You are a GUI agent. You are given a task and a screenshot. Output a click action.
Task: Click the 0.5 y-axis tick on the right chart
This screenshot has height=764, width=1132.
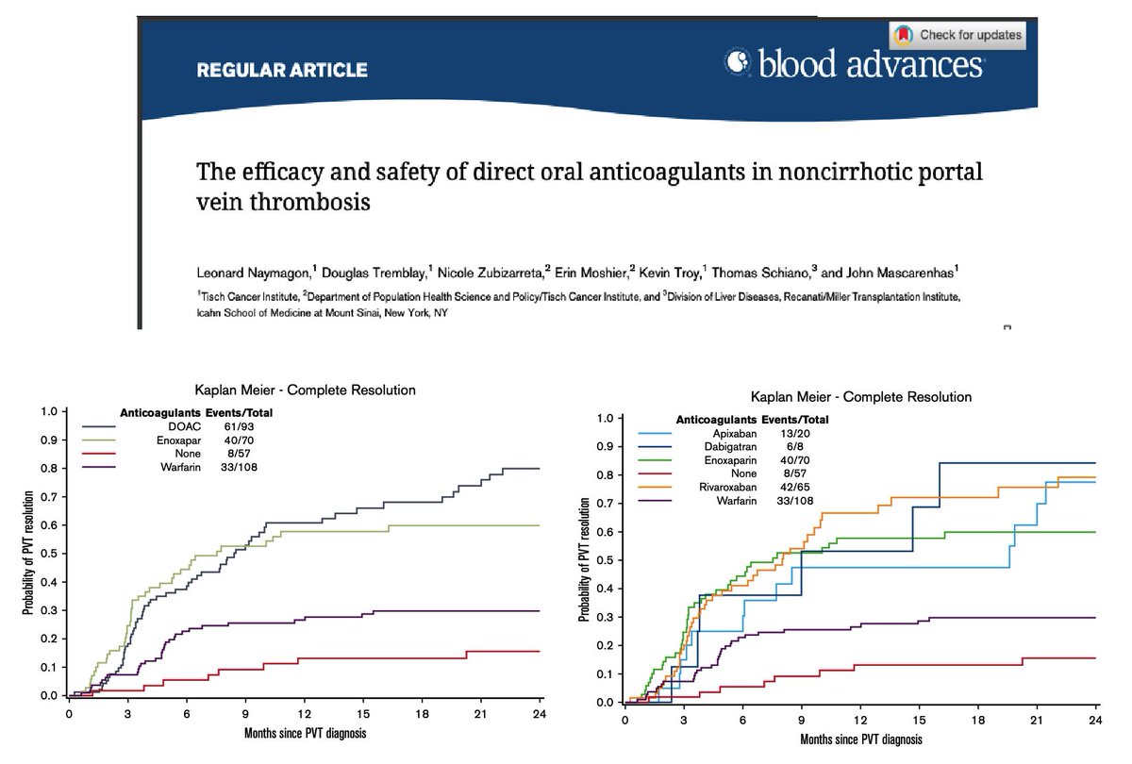(608, 560)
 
